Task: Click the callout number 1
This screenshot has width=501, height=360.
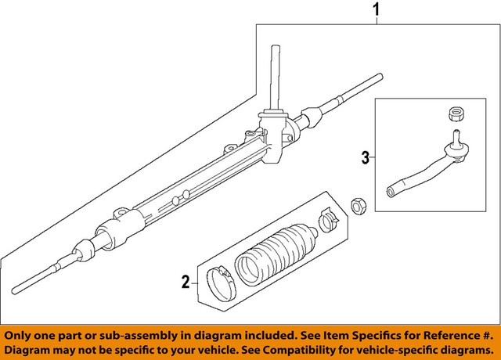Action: coord(378,11)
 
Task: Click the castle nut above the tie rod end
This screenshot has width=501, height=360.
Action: coord(452,114)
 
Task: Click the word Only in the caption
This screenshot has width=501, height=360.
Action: coord(21,333)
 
